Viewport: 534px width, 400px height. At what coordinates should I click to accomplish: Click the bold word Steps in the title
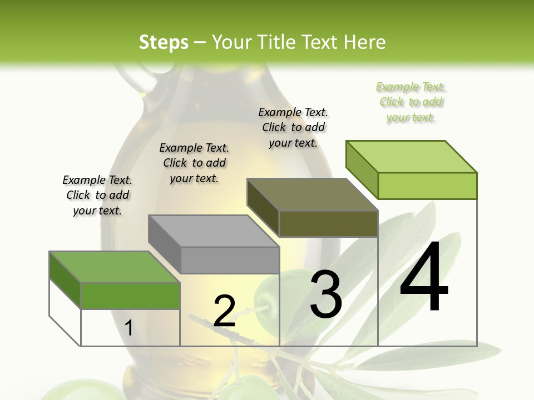(164, 42)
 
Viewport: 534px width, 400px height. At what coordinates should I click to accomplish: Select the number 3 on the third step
(326, 294)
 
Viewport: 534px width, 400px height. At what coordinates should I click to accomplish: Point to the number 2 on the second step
(225, 311)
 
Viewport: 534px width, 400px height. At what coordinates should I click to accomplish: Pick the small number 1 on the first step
(129, 328)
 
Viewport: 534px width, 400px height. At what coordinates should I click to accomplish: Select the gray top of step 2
(213, 231)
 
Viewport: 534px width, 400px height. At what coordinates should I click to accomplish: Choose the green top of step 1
(114, 267)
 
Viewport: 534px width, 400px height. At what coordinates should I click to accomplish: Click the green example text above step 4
(411, 102)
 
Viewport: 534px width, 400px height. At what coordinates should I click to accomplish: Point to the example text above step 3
(293, 127)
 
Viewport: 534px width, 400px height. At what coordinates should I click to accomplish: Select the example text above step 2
(194, 163)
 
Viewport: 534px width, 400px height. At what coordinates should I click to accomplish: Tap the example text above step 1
(97, 195)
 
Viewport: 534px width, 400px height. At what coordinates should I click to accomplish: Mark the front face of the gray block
(230, 260)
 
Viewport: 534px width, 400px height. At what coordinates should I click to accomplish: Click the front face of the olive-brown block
(328, 223)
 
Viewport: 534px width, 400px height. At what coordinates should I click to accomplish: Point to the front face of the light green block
(427, 186)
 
